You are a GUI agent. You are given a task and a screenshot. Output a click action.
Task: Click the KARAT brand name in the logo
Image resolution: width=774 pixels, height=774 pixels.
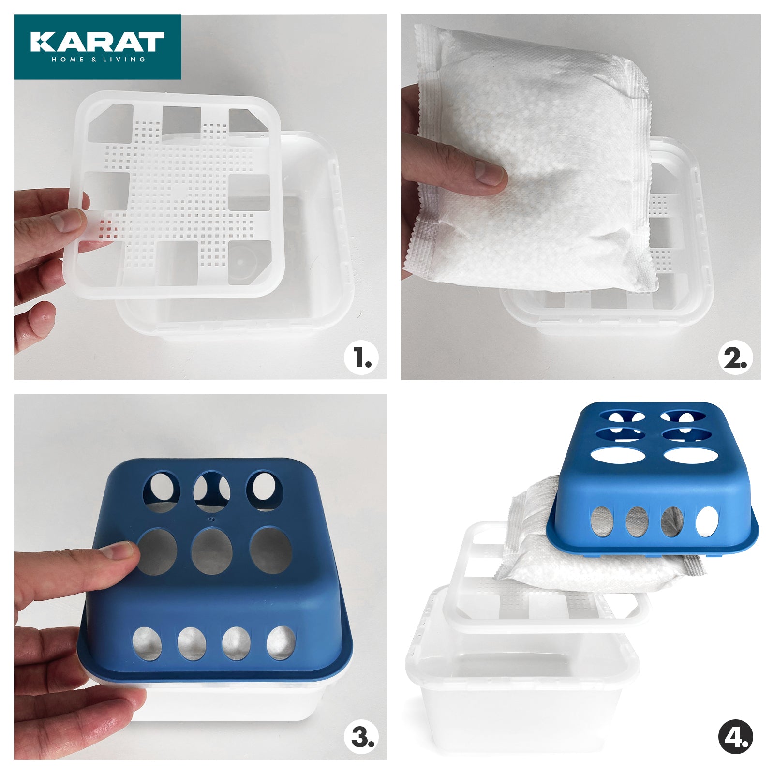[x=97, y=42]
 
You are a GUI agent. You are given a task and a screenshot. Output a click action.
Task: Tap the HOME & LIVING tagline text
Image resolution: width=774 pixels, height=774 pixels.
[x=98, y=60]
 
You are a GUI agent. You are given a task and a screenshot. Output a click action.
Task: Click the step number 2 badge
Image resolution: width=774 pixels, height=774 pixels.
[x=735, y=358]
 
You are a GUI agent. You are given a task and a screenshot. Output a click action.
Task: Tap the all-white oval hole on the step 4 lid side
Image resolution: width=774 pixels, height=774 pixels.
[x=707, y=521]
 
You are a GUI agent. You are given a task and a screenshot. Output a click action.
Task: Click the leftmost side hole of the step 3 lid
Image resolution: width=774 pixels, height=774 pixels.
[x=147, y=643]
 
